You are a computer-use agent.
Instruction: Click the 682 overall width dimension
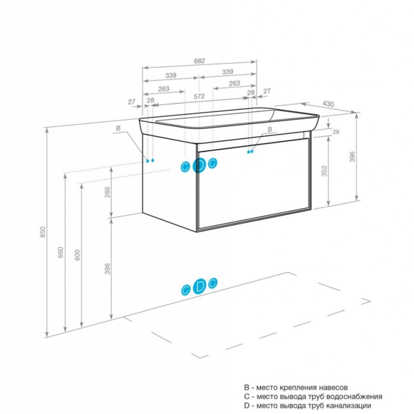[199, 61]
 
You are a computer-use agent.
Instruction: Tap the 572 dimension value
[199, 97]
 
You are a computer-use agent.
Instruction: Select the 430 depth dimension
[328, 104]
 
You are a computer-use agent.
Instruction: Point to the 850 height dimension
[43, 231]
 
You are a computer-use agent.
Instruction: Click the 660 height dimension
[61, 252]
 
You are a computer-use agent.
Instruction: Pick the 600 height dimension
[77, 255]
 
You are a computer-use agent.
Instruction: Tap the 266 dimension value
[107, 192]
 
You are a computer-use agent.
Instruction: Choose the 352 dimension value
[324, 171]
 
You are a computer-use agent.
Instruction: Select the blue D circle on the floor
[200, 286]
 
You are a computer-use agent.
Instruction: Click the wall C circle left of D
[185, 167]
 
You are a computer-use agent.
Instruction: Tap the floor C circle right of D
[213, 283]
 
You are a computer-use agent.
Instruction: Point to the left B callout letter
[119, 128]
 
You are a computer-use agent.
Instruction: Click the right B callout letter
[270, 129]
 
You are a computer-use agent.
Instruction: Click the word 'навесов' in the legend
[333, 387]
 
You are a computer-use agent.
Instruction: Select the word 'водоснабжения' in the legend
[354, 396]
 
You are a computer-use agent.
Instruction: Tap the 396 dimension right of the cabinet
[352, 157]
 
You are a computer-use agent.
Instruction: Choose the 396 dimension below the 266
[107, 269]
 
